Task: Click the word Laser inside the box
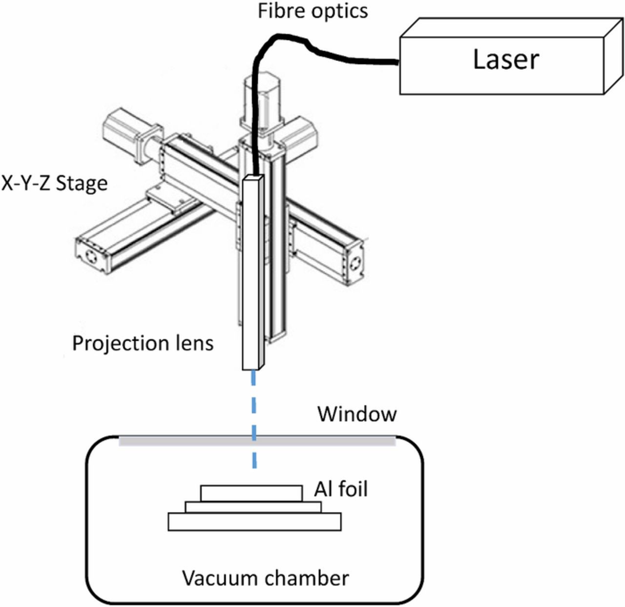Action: (x=506, y=59)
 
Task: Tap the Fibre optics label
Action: (x=312, y=11)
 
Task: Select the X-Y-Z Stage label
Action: (x=54, y=184)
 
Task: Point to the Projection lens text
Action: (x=143, y=343)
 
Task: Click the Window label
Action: (x=357, y=414)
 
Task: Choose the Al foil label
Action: (x=340, y=489)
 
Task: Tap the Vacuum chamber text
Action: (x=266, y=578)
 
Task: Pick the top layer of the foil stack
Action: (x=251, y=493)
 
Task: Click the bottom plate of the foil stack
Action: (x=254, y=522)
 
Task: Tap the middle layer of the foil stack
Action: (x=253, y=507)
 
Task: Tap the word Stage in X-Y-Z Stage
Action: (x=82, y=184)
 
